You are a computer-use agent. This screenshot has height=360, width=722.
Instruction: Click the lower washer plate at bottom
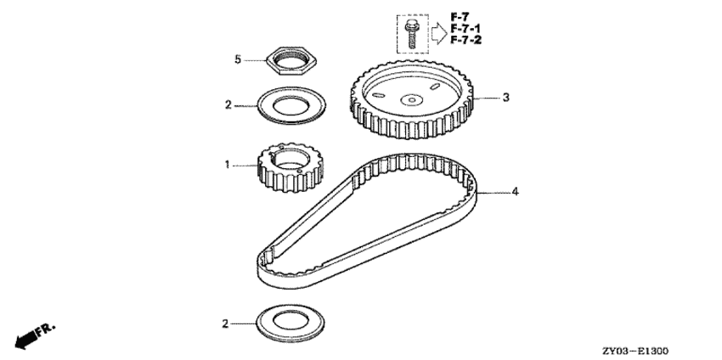289,323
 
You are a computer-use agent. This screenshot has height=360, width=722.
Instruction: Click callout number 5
239,59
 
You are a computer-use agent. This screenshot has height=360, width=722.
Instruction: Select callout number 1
228,165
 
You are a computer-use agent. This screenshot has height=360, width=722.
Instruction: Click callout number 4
514,192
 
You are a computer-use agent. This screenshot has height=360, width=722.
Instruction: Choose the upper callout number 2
228,105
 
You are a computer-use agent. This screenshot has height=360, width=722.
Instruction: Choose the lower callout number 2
227,323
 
